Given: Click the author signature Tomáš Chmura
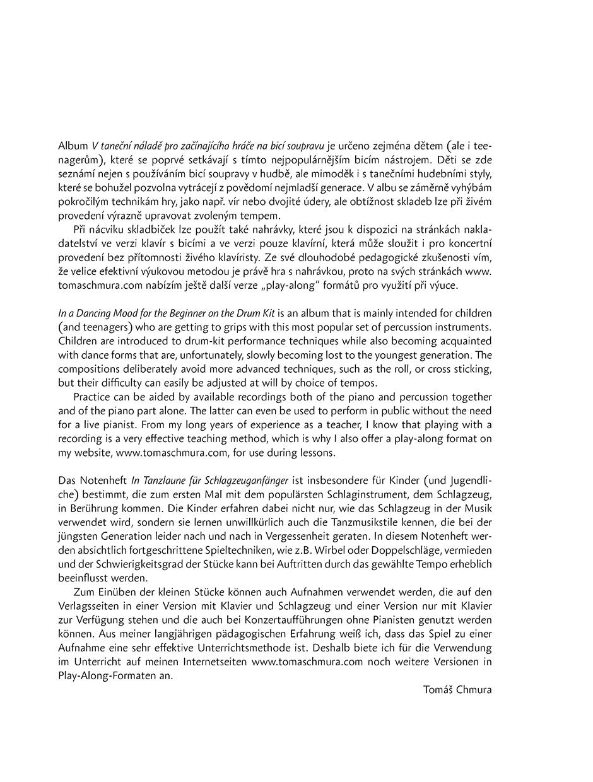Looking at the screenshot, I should point(457,689).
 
